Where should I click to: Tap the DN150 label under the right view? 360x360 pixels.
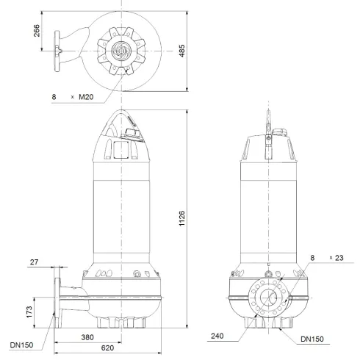click(x=312, y=339)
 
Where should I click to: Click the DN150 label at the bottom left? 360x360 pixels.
click(x=21, y=343)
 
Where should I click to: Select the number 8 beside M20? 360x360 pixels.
click(x=54, y=96)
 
